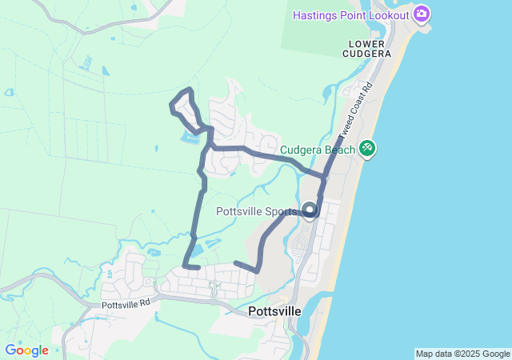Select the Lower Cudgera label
point(367,48)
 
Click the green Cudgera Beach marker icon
point(367,148)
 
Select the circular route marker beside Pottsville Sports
point(310,211)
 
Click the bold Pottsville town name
point(274,310)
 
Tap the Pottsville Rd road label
point(126,304)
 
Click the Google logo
point(26,350)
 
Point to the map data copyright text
point(462,354)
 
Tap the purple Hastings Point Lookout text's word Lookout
point(387,14)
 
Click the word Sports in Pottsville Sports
point(282,212)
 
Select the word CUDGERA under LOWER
point(367,54)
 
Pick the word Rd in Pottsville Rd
point(145,304)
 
